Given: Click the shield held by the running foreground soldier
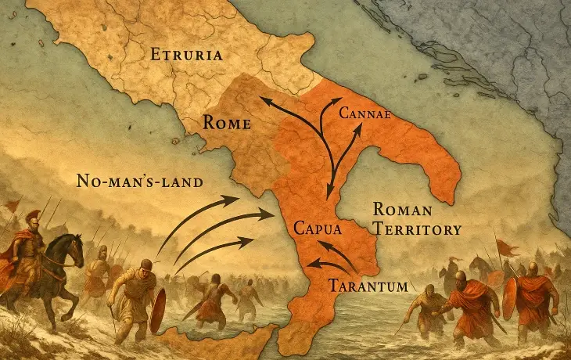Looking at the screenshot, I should click(x=158, y=309).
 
